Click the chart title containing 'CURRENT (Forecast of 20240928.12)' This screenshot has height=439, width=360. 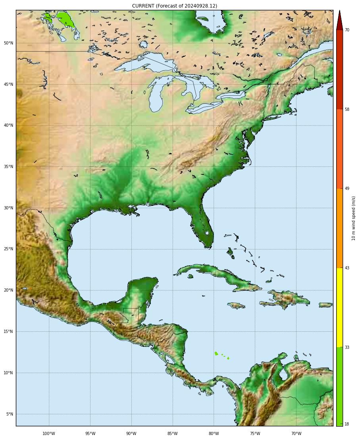tap(175, 6)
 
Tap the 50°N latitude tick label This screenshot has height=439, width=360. tap(9, 43)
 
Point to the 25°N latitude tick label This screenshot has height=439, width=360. tap(9, 249)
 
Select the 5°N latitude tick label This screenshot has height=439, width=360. tap(10, 414)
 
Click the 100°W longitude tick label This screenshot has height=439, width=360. tap(49, 433)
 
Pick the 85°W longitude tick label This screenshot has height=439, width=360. tap(172, 433)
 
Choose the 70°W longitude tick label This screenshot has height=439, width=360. tap(296, 433)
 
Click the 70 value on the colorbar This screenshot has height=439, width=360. tap(347, 30)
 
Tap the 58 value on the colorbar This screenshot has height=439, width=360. tap(347, 109)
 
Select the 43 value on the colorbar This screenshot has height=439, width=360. tap(347, 268)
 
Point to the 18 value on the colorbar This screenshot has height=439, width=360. tap(347, 424)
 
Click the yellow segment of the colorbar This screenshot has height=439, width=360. tap(339, 307)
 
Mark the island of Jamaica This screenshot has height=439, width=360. tap(236, 306)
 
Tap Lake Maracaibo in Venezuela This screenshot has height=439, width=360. tap(283, 374)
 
